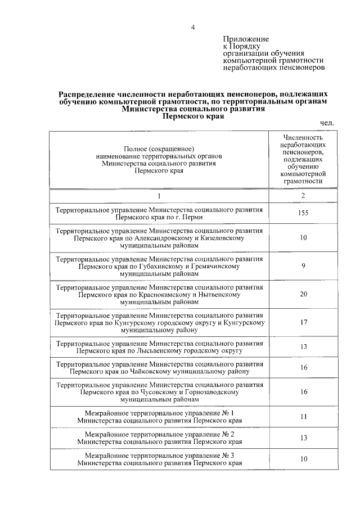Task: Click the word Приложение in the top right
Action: pos(246,39)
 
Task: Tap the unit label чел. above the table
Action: pos(327,123)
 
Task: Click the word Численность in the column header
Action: pos(303,137)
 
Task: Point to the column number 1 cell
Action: pos(159,196)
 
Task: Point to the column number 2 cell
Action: pos(303,196)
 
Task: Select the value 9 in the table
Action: pos(303,266)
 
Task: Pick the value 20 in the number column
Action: pos(303,295)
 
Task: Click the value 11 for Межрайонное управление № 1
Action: pos(303,416)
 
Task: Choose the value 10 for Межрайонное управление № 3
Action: pos(303,458)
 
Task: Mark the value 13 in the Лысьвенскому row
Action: pos(303,346)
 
